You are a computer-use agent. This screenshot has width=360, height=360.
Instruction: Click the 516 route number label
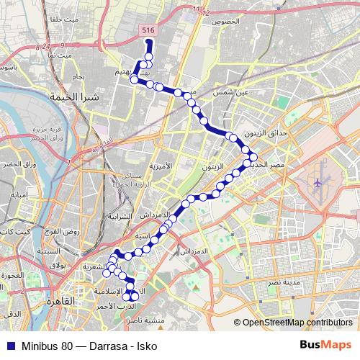click(x=148, y=30)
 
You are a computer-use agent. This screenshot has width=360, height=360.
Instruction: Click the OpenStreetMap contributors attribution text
click(x=296, y=322)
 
